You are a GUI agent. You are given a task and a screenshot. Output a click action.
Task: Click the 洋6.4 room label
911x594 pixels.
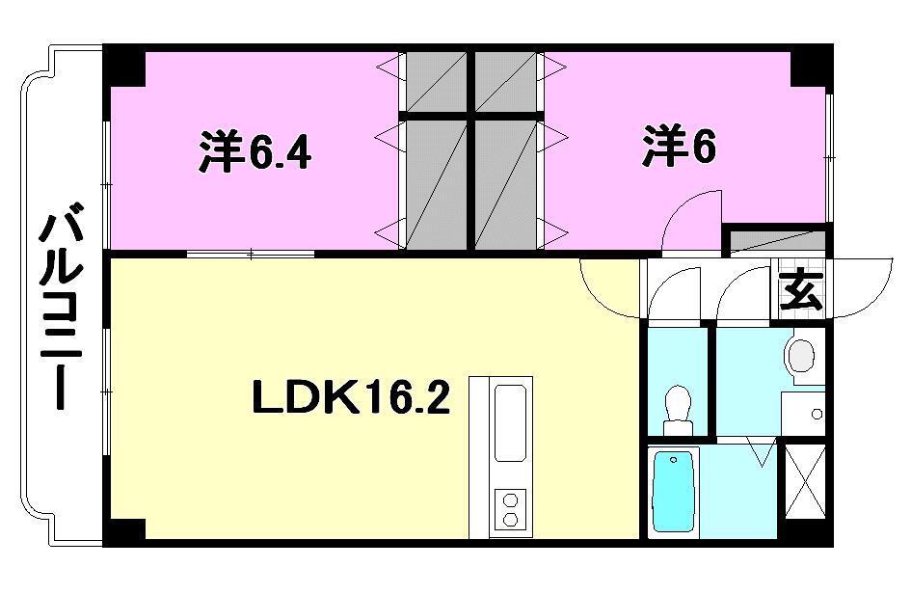255,151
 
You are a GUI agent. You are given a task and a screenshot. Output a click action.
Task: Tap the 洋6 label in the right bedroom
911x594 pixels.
679,147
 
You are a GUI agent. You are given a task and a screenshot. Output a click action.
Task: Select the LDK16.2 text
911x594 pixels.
351,395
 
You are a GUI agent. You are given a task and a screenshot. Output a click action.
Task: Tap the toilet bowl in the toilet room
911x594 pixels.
679,405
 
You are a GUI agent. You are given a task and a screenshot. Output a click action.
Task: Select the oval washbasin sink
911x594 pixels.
801,356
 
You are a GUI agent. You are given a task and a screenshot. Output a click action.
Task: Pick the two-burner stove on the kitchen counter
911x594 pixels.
510,508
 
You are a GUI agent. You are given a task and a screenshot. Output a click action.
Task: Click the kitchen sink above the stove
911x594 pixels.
510,420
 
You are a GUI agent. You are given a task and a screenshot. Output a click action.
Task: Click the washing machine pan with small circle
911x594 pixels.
804,414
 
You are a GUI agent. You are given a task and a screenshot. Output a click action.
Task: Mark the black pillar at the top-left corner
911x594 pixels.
124,64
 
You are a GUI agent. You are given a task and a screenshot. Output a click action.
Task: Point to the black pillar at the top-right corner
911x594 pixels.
811,64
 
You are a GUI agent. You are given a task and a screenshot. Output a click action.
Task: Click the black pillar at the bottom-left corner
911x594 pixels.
124,529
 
